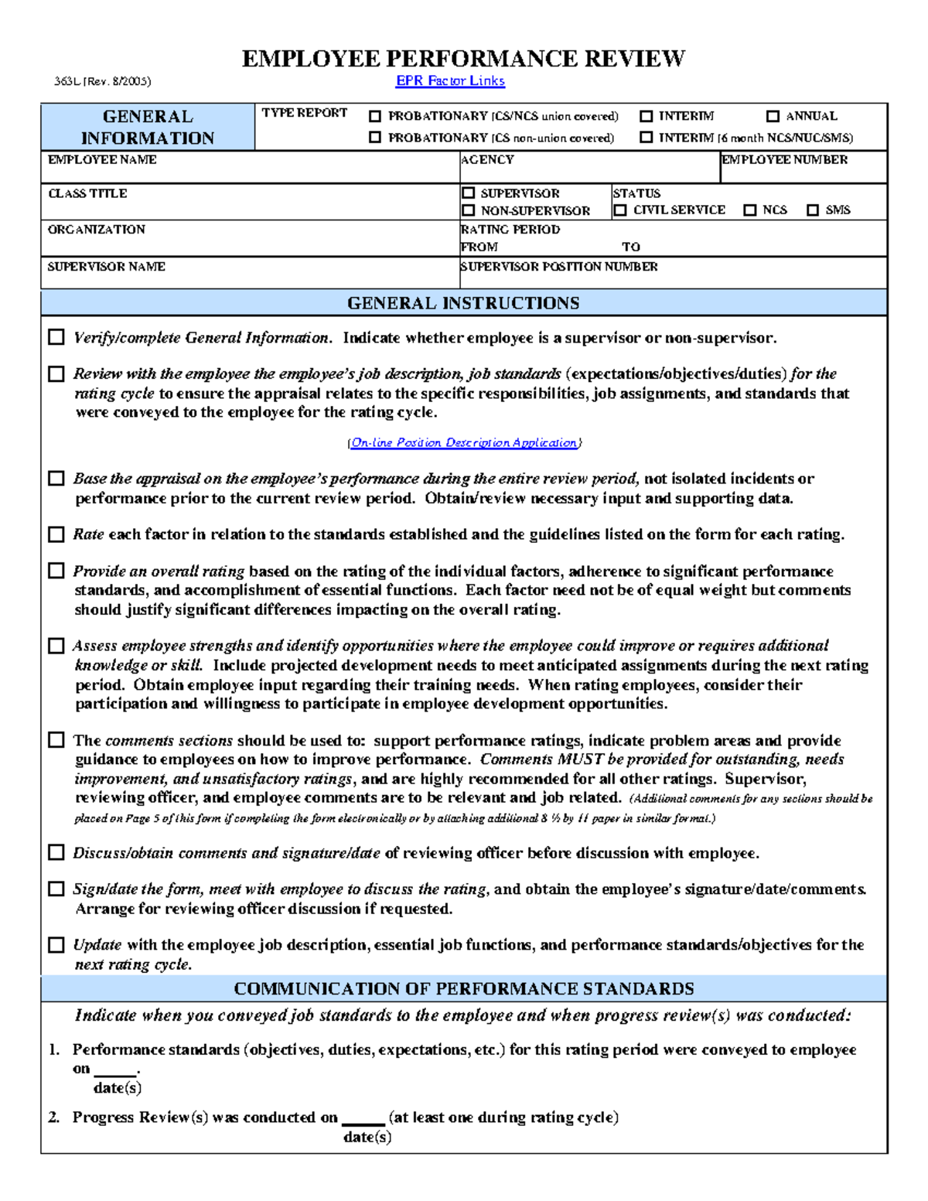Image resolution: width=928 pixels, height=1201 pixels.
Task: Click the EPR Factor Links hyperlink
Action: [x=450, y=80]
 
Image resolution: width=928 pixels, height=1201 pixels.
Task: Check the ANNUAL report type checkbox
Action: [x=773, y=116]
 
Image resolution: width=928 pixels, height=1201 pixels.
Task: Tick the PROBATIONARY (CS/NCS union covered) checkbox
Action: [x=375, y=116]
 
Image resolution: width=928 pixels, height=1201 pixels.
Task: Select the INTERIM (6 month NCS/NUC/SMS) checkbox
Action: [x=647, y=138]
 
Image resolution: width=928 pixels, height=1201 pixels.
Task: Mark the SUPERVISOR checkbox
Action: [x=469, y=193]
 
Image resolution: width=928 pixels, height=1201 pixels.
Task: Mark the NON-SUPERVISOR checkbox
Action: [x=469, y=210]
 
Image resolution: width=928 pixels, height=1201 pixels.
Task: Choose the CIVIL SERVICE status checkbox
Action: [x=620, y=210]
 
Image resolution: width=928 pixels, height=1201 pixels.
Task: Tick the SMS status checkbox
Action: [x=813, y=210]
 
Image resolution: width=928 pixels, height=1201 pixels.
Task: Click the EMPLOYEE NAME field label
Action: [x=102, y=159]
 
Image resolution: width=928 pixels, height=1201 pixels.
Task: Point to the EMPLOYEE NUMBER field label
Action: [x=784, y=159]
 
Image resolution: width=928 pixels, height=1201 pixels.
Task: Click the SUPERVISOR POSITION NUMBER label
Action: [x=559, y=266]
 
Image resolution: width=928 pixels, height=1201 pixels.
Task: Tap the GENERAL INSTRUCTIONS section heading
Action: [x=463, y=303]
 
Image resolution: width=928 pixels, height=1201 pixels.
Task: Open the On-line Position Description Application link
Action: [x=464, y=442]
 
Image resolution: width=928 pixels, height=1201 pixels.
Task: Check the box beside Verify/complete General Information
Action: [x=56, y=337]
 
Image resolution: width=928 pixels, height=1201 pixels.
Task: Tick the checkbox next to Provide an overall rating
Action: [x=56, y=571]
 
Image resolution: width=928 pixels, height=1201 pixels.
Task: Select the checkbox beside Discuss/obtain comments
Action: [x=56, y=852]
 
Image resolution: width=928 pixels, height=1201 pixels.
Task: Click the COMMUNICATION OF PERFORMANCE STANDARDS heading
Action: [x=464, y=989]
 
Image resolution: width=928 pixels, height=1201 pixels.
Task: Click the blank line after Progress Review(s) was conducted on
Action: [x=363, y=1119]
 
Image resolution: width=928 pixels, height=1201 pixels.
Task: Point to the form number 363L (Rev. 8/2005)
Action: [x=102, y=81]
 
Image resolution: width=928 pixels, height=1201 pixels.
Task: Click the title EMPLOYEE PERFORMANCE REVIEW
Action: [x=463, y=59]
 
